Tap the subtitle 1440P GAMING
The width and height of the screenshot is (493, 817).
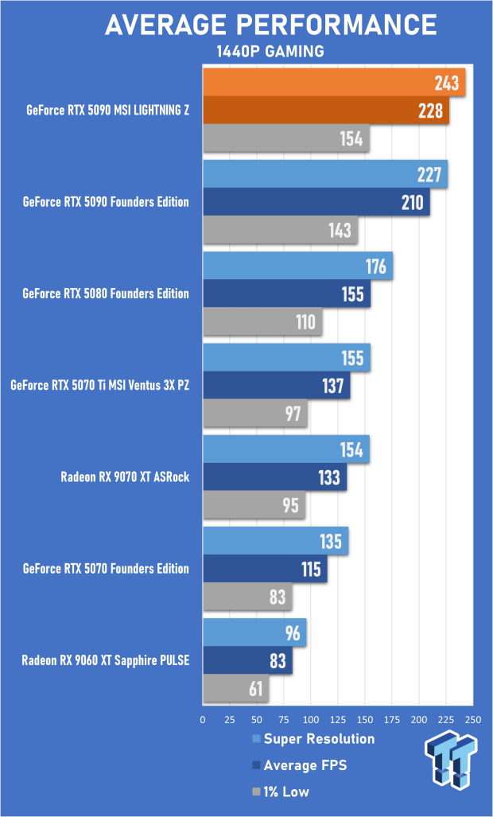coord(270,53)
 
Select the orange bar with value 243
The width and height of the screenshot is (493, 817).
coord(334,84)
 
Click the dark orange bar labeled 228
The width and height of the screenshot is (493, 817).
coord(326,111)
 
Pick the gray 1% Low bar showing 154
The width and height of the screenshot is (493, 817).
coord(286,138)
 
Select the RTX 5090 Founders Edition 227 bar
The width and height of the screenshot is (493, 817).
coord(325,174)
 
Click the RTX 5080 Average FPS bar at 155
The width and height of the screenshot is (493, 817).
coord(287,294)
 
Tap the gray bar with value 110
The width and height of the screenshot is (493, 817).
coord(262,321)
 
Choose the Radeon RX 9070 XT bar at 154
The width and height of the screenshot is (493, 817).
coord(286,449)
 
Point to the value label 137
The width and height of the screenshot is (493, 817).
coord(333,386)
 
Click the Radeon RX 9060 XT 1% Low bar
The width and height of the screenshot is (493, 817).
coord(236,688)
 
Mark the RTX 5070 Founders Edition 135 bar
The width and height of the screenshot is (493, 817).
coord(276,541)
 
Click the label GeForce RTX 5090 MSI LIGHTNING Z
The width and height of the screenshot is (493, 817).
coord(107,111)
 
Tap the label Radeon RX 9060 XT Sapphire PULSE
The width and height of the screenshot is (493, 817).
coord(105,659)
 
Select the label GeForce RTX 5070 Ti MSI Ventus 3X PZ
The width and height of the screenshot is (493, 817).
coord(99,386)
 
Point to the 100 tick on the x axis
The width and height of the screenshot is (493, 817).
coord(311,719)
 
